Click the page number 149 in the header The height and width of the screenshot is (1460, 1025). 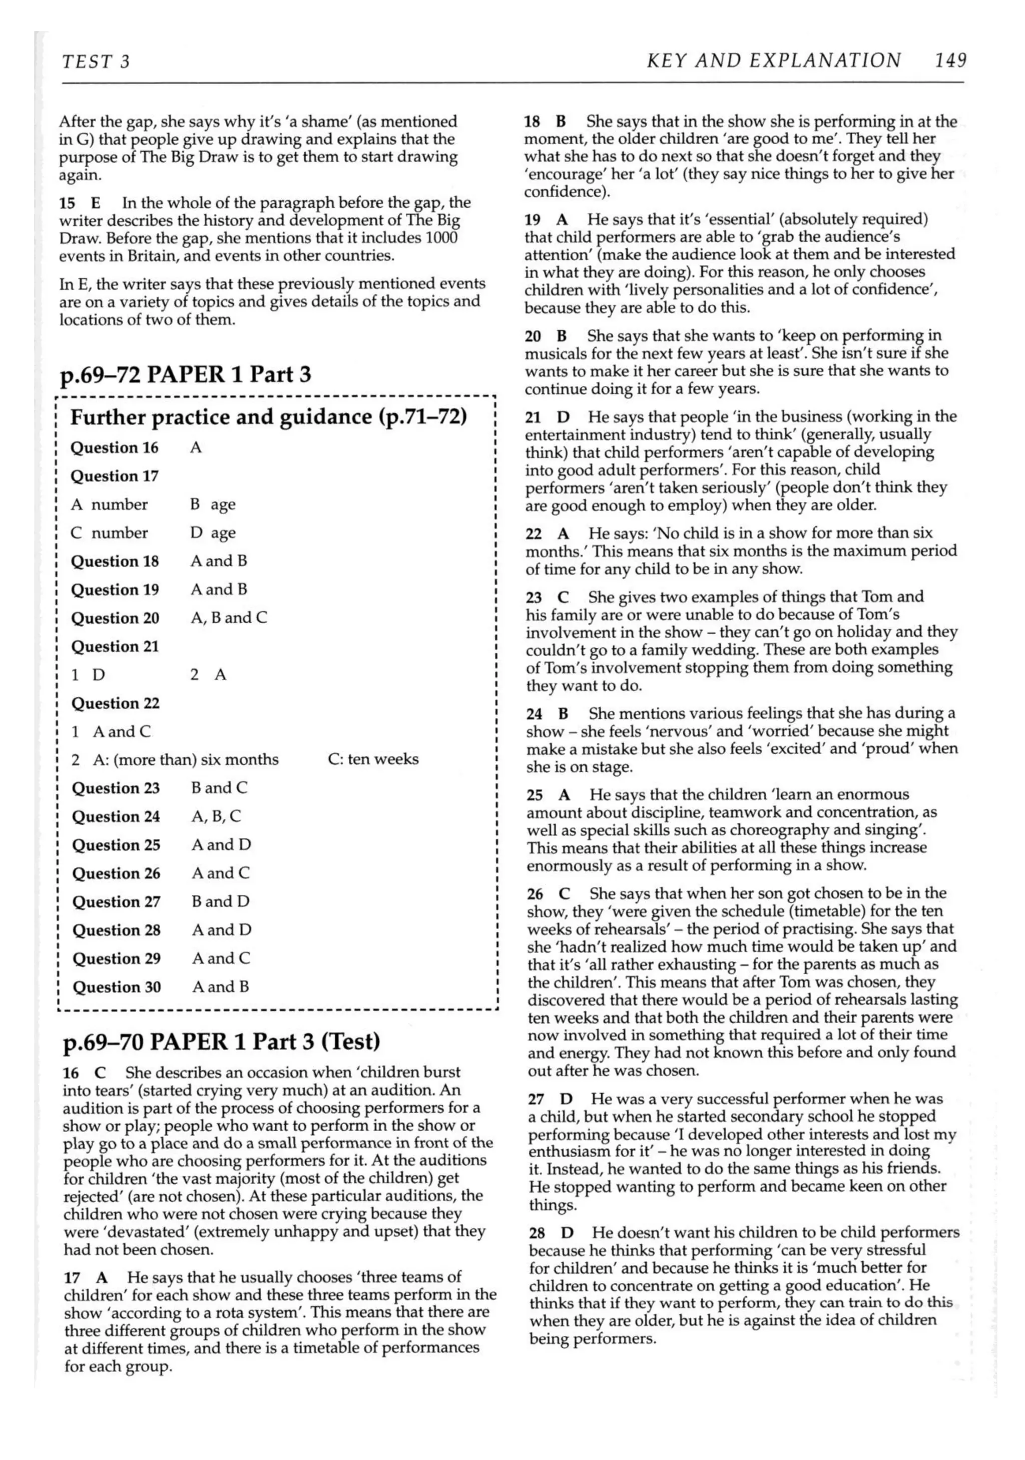click(950, 61)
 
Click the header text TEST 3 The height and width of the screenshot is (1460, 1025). click(96, 62)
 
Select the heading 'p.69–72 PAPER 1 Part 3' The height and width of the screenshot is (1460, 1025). click(185, 374)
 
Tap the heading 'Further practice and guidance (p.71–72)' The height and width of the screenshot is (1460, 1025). click(268, 417)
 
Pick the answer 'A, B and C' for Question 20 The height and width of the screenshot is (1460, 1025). click(229, 618)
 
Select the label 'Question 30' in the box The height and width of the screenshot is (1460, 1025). click(116, 987)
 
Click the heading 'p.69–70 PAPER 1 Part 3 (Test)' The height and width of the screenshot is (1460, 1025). click(221, 1041)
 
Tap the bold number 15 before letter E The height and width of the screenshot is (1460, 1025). click(67, 204)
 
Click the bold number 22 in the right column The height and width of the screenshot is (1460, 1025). click(534, 534)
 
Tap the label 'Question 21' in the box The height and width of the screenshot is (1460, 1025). click(115, 647)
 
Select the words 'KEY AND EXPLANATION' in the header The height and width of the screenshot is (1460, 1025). click(773, 61)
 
